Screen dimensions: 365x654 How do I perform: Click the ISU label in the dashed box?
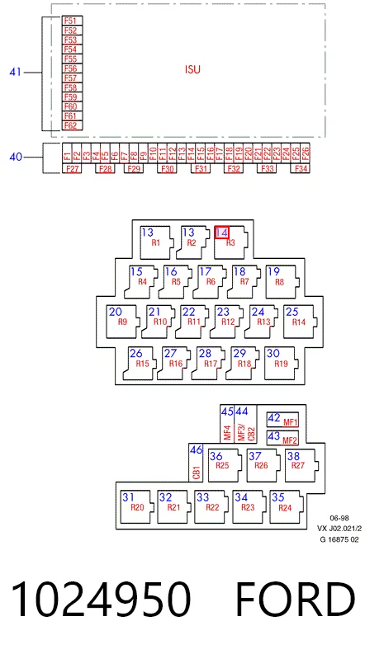pos(192,69)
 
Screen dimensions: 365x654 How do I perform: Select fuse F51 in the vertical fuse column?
pos(72,21)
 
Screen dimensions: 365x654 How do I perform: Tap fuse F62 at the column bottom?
pos(72,125)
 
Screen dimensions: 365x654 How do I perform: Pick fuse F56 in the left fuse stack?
pos(72,68)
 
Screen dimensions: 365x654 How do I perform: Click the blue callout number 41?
pos(16,72)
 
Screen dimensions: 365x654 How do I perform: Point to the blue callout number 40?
pos(16,158)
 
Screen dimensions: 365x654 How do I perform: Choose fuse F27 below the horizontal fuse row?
pos(72,168)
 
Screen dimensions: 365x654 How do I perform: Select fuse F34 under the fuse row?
pos(301,168)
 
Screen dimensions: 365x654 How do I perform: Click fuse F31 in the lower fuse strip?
pos(201,168)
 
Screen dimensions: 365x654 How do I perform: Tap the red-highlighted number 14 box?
pos(222,233)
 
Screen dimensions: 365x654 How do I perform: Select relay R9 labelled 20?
pos(122,322)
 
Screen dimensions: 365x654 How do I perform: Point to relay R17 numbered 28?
pos(207,363)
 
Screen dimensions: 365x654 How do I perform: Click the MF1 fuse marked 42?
pos(282,420)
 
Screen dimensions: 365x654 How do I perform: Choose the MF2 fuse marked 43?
pos(282,438)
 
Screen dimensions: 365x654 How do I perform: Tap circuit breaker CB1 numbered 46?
pos(197,463)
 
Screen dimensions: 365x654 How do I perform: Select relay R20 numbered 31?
pos(138,506)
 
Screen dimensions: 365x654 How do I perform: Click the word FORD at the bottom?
pos(296,600)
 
